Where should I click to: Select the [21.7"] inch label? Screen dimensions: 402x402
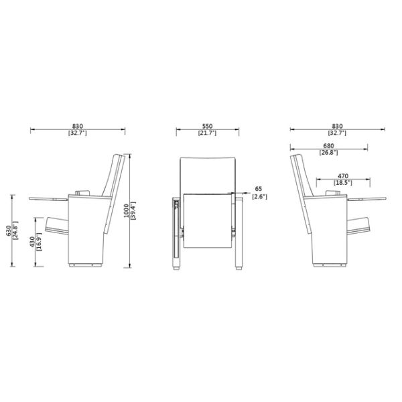[x=207, y=134]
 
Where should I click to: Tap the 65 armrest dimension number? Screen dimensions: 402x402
[x=258, y=189]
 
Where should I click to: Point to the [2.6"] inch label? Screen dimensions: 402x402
[x=259, y=196]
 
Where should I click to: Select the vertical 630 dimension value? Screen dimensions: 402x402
[x=9, y=231]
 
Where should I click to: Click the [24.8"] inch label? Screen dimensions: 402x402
[x=16, y=231]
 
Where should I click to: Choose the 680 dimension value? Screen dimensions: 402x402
[x=328, y=145]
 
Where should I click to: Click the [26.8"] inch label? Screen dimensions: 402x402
[x=328, y=152]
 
